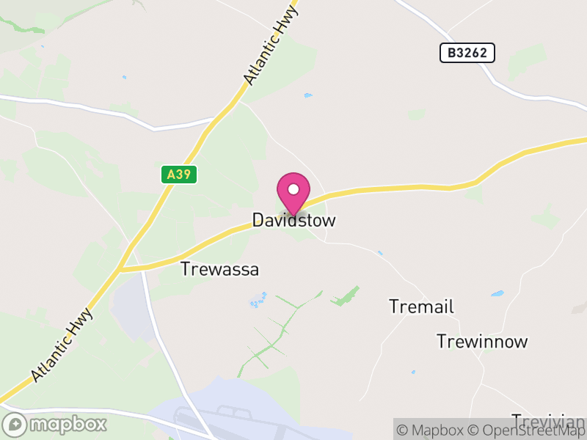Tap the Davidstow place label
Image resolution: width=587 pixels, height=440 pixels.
(x=293, y=220)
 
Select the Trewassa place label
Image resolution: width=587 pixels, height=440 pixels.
(x=219, y=269)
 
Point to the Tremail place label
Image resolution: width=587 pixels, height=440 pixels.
(x=421, y=307)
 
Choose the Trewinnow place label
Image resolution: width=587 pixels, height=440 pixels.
(x=482, y=341)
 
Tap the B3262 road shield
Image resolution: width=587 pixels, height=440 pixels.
(x=467, y=53)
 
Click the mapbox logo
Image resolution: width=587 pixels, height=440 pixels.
(x=55, y=424)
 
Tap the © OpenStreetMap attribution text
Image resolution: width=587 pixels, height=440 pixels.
(x=528, y=430)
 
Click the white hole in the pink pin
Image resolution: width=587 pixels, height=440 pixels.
(x=293, y=190)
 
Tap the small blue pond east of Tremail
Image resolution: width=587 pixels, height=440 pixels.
(x=497, y=294)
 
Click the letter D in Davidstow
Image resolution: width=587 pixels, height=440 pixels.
(x=258, y=220)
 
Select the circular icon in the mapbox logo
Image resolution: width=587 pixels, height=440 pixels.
(x=14, y=424)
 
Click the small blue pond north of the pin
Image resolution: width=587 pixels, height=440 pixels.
(x=307, y=95)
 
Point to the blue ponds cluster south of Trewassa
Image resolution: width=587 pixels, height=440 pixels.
(x=258, y=299)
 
